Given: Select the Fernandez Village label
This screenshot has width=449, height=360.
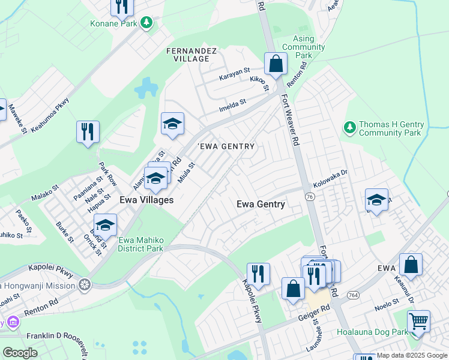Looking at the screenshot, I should (191, 55).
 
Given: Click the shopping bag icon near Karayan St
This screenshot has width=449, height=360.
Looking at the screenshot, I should (276, 64).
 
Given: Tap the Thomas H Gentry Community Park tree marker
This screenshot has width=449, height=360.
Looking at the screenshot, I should (349, 127).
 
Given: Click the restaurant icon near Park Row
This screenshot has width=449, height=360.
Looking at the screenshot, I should (88, 131).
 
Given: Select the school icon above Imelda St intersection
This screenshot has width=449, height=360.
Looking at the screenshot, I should (172, 124).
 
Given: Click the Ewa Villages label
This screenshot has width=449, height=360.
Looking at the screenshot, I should (146, 200).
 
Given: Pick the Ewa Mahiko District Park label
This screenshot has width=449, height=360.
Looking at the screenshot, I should (140, 244).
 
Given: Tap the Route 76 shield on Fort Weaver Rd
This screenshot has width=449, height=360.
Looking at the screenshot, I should (310, 197).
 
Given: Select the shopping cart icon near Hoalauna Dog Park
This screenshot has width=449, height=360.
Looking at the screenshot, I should (418, 321).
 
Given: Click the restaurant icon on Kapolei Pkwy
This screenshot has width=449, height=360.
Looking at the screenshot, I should (258, 274).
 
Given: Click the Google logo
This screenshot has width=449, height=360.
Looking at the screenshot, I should (20, 353).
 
